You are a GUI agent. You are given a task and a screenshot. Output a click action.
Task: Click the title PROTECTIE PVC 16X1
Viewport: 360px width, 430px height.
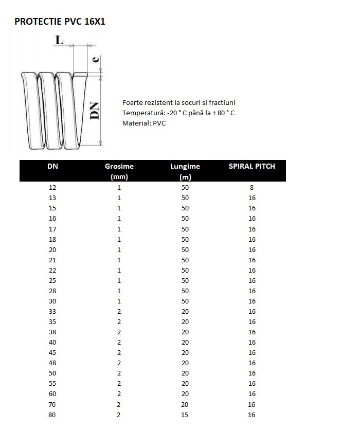pos(60,22)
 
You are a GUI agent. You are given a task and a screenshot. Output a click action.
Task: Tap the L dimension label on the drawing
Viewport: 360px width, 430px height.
pos(60,41)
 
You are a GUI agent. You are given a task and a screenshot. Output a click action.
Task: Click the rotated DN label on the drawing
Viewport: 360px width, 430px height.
pos(94,110)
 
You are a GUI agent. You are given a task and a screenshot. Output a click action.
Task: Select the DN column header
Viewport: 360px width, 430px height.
pos(52,166)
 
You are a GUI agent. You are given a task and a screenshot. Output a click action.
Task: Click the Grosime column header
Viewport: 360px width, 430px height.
pos(119,166)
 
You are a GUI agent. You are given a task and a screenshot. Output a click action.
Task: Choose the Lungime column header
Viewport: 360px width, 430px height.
pos(185,166)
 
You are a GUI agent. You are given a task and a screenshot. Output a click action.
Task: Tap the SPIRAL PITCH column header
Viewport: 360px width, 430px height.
pos(251,166)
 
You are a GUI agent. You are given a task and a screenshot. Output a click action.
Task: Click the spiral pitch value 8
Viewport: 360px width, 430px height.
pos(251,188)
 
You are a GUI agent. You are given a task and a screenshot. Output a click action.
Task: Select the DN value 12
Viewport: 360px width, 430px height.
pos(52,188)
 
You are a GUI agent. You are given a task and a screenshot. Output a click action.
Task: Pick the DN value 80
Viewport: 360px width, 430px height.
pos(52,415)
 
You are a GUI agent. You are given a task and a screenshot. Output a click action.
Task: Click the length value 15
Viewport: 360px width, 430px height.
pos(185,415)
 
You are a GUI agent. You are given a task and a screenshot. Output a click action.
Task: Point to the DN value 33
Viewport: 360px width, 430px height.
pos(52,312)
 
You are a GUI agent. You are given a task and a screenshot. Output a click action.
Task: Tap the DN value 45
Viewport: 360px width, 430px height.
pos(52,353)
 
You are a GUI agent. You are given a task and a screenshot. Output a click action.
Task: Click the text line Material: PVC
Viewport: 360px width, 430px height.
pos(144,123)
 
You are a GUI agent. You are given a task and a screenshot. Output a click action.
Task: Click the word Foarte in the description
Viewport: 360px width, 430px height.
pos(133,103)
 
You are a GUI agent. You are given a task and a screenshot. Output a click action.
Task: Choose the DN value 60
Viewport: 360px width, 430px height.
pos(52,394)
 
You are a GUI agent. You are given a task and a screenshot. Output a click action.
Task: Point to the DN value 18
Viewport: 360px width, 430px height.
pos(52,239)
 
